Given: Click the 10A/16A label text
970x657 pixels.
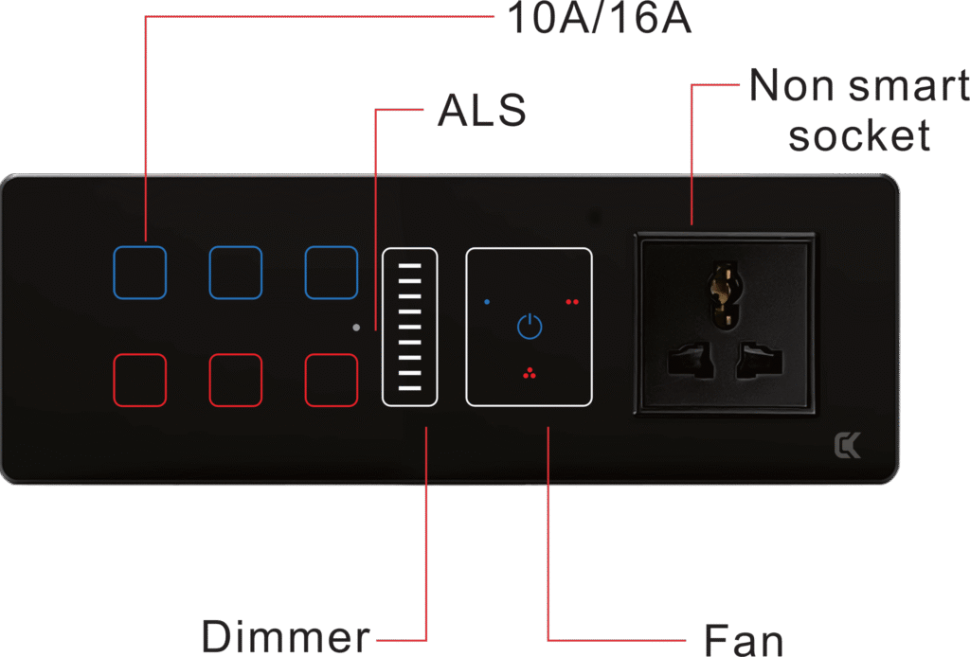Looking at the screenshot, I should click(x=599, y=19).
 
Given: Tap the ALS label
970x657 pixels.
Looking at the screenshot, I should click(x=481, y=112).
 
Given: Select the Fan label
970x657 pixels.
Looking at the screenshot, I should click(x=744, y=641).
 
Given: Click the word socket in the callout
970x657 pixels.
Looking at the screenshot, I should click(x=859, y=136).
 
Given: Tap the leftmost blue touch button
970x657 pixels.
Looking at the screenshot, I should click(x=140, y=273).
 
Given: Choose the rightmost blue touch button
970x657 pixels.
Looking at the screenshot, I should click(x=331, y=273).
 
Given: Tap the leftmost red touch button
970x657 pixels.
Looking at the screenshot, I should click(x=140, y=380).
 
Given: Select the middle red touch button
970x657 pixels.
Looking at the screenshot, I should click(x=235, y=380).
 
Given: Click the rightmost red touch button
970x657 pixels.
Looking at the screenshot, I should click(x=331, y=380).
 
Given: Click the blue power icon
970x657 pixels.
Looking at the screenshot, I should click(x=530, y=327).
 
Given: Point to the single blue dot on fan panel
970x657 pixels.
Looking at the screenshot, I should click(x=487, y=302).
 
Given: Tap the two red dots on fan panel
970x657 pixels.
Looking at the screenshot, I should click(x=571, y=302).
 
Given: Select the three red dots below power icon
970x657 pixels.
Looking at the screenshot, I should click(x=529, y=373).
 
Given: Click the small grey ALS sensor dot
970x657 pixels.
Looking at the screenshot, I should click(x=355, y=328).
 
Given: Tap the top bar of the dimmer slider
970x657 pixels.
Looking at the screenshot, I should click(x=409, y=267).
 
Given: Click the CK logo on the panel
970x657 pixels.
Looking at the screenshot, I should click(x=847, y=445).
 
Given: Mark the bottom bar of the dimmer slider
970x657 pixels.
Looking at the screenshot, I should click(x=409, y=388).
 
